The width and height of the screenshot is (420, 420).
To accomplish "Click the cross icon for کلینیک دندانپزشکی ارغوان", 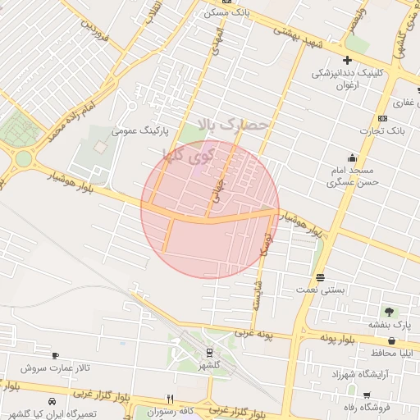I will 348,60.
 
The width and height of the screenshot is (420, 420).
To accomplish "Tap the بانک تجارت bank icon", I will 382,118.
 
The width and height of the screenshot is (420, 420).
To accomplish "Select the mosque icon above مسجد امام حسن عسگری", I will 353,157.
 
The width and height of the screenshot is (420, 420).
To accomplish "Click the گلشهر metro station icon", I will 209,353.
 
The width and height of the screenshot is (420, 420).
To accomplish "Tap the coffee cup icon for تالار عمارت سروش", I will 55,355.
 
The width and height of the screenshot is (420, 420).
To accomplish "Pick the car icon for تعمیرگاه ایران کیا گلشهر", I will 52,402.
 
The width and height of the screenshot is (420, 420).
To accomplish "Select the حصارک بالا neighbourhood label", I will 233,124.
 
